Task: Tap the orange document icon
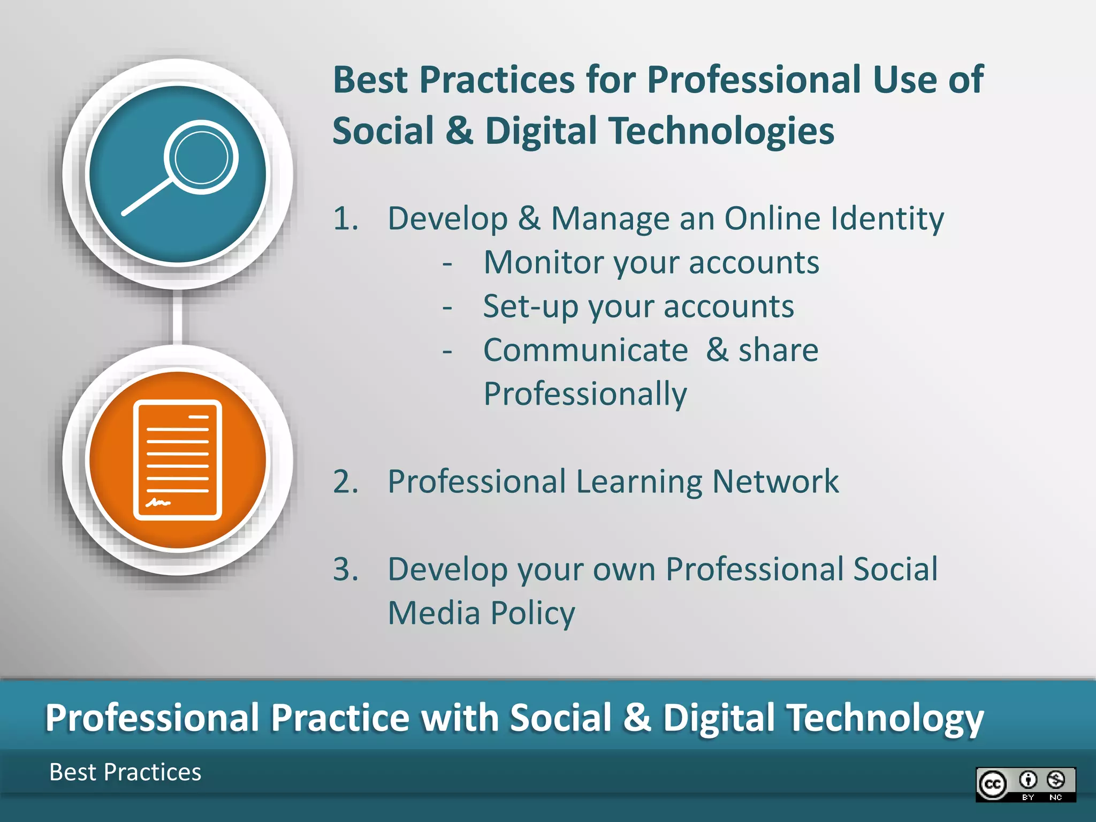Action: pyautogui.click(x=177, y=460)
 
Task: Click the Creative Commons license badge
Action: pyautogui.click(x=1025, y=785)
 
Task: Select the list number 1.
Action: pyautogui.click(x=345, y=219)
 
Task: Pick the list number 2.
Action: pyautogui.click(x=345, y=482)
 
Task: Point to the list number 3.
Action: pyautogui.click(x=345, y=569)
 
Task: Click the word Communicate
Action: pyautogui.click(x=585, y=351)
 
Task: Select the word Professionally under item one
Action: pyautogui.click(x=585, y=394)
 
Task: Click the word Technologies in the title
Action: pyautogui.click(x=722, y=132)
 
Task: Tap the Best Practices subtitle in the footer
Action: pyautogui.click(x=125, y=772)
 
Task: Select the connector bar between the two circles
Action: pyautogui.click(x=178, y=317)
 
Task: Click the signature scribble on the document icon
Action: pyautogui.click(x=158, y=503)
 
